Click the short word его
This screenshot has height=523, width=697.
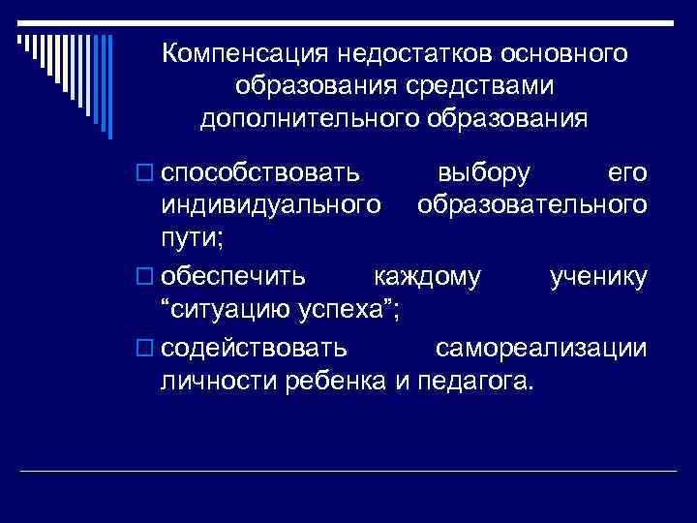626,173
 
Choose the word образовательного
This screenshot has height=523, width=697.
531,205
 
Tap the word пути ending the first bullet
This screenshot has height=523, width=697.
192,237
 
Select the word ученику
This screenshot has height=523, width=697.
598,277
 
